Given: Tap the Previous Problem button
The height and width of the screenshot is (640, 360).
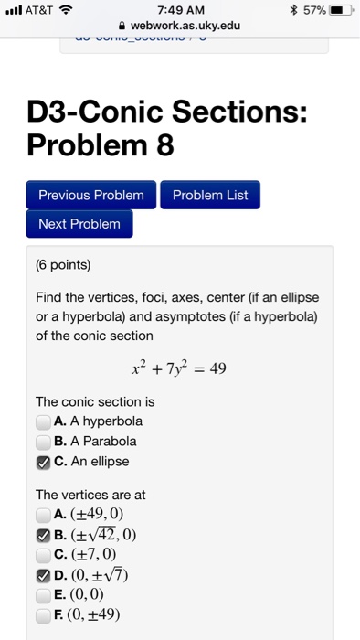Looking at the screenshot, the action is tap(91, 195).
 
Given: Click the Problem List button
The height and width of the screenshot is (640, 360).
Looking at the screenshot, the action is tap(210, 195).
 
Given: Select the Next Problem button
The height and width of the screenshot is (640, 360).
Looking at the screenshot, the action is tap(79, 224).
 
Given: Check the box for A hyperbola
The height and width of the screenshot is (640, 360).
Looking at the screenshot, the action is tap(43, 421).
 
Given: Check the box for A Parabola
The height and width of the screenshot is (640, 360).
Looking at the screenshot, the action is tap(43, 442).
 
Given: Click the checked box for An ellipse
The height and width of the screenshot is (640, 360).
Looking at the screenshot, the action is tap(43, 462).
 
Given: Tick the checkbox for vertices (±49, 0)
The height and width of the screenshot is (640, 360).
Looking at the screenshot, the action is tap(43, 514).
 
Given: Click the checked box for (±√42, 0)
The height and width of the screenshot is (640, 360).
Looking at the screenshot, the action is tap(43, 534).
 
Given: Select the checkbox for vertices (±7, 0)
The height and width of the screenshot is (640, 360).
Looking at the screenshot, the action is tap(43, 554).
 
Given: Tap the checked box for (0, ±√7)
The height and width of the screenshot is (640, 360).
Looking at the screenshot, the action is tap(43, 574).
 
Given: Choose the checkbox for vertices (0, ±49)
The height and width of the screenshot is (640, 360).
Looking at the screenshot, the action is tap(43, 614).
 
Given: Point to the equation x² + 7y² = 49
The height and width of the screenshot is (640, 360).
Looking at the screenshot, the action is tap(180, 369).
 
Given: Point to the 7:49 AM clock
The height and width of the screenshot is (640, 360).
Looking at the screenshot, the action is tap(180, 10).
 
